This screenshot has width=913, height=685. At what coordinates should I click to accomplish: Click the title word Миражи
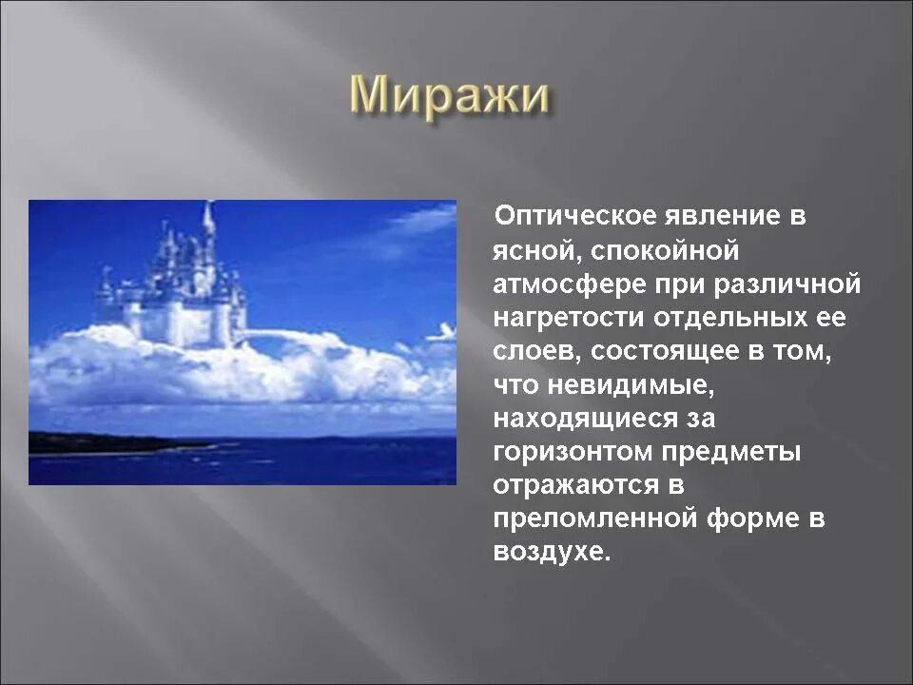coord(450,96)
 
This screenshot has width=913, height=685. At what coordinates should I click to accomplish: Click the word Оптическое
coord(574,216)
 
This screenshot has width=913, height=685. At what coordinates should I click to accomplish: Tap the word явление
coord(722,217)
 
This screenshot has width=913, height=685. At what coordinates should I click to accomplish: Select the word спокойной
coord(665,251)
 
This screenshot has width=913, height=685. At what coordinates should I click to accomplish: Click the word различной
coord(787,284)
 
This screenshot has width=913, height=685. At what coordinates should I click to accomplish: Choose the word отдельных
coord(730,319)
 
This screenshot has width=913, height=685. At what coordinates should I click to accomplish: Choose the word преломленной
coord(595,519)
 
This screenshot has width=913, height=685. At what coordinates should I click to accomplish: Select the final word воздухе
coord(552,552)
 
